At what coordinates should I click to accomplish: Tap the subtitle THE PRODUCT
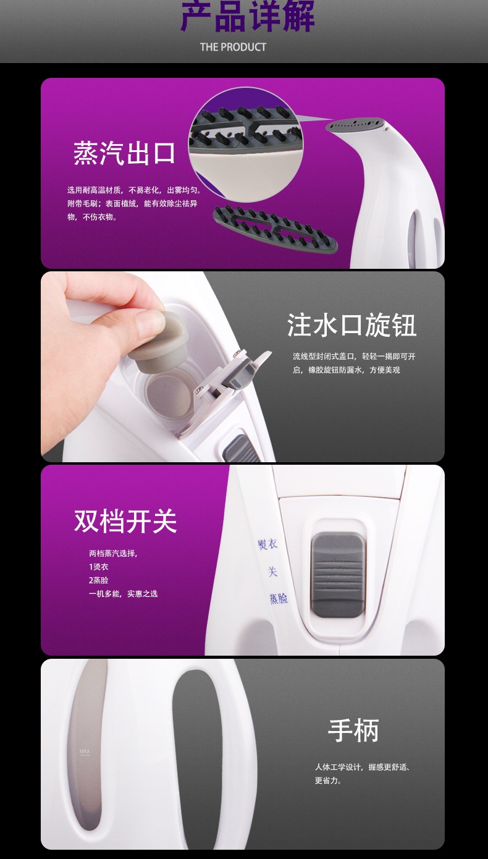pos(233,47)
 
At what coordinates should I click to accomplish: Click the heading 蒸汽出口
pos(124,153)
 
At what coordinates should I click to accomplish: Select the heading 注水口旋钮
pos(351,325)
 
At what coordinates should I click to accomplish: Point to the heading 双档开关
pos(125,521)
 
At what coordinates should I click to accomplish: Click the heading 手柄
pos(353,730)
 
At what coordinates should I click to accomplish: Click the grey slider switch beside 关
pos(338,574)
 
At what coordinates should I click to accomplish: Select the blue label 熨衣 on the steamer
pos(267,544)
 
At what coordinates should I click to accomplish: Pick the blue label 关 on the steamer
pos(272,572)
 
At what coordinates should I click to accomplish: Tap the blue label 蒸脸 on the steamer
pos(279,598)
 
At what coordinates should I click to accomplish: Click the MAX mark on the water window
pos(85,751)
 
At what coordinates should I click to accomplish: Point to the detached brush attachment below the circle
pos(275,227)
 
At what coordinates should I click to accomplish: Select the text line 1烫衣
pos(98,567)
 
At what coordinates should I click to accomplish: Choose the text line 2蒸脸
pos(98,580)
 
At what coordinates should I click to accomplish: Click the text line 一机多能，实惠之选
pos(123,594)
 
